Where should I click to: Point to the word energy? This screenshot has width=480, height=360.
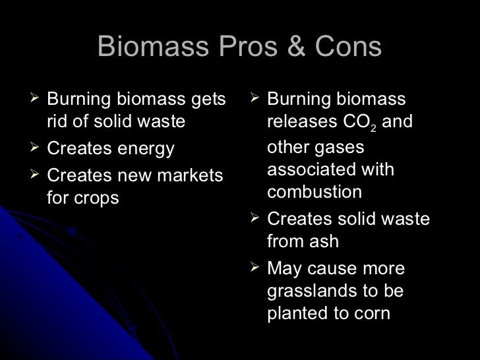146,150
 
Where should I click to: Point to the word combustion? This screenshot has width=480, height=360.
315,192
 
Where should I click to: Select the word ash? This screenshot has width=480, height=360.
321,241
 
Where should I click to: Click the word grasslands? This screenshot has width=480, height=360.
316,290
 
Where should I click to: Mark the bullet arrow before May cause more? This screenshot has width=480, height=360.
256,268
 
